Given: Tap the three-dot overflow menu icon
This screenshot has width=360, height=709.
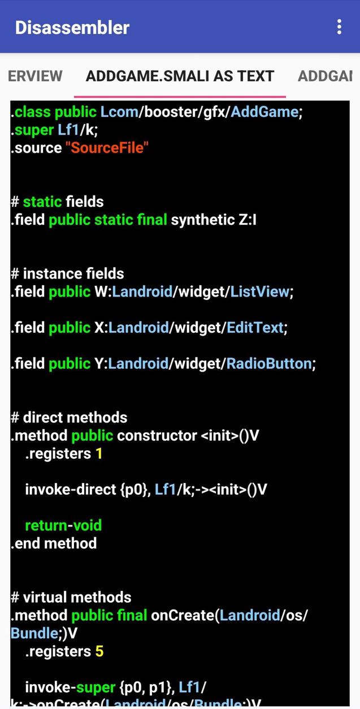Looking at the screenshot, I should click(339, 27).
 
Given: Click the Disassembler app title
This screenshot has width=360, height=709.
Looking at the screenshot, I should click(72, 27).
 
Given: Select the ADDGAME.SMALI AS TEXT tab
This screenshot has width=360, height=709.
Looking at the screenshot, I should click(180, 76).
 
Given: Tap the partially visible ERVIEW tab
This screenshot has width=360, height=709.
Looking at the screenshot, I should click(35, 76).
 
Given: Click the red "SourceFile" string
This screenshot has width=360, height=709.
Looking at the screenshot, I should click(107, 148).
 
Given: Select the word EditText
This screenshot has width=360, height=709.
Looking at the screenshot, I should click(255, 328).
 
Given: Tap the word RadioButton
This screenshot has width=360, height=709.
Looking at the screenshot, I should click(269, 363).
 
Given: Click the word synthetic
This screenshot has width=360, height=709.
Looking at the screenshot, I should click(203, 220).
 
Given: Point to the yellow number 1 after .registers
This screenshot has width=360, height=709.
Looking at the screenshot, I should click(99, 454).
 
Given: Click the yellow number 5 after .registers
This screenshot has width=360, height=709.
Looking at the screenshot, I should click(99, 651).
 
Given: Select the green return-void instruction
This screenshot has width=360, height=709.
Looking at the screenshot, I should click(63, 525).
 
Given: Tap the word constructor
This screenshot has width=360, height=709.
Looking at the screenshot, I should click(157, 436).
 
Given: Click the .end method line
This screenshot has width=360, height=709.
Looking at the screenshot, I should click(54, 543).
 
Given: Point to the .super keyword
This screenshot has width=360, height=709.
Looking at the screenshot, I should click(32, 130).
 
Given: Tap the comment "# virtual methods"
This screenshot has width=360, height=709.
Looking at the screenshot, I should click(71, 597).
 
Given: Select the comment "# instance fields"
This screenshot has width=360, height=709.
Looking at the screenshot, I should click(68, 273).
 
